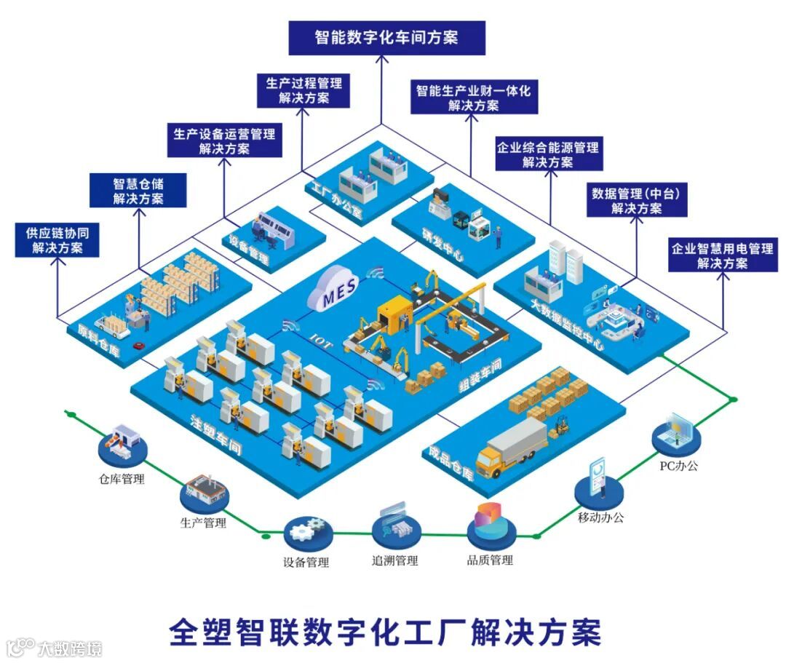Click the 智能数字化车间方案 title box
[x=386, y=37]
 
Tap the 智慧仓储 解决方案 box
[x=138, y=191]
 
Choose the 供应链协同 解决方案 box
[x=57, y=240]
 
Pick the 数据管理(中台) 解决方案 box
[x=637, y=200]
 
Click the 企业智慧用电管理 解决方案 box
[x=722, y=255]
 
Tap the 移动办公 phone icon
[x=599, y=483]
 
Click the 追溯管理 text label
[x=395, y=560]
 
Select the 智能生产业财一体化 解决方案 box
[x=474, y=98]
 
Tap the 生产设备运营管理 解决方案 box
[x=224, y=141]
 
